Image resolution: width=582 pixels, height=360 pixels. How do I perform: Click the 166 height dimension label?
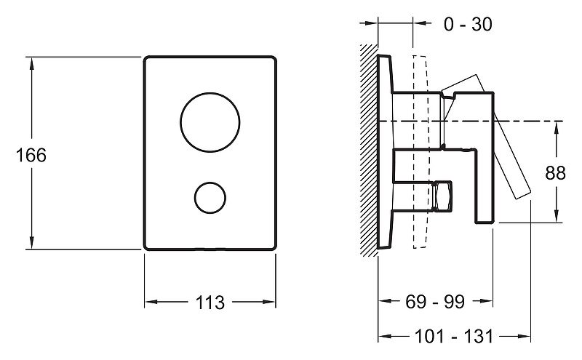pyautogui.click(x=31, y=155)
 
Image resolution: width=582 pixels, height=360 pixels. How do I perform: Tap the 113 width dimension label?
pyautogui.click(x=210, y=303)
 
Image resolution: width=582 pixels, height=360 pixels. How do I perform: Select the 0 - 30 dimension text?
pyautogui.click(x=468, y=25)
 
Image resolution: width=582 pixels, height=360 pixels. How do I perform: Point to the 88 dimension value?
pyautogui.click(x=555, y=172)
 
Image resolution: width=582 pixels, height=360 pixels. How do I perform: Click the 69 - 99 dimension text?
pyautogui.click(x=435, y=302)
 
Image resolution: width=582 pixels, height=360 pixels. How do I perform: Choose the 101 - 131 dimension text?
pyautogui.click(x=453, y=337)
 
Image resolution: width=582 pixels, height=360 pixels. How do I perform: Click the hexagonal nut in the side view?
pyautogui.click(x=442, y=196)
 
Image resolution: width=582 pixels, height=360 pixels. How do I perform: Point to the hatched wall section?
pyautogui.click(x=369, y=151)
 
